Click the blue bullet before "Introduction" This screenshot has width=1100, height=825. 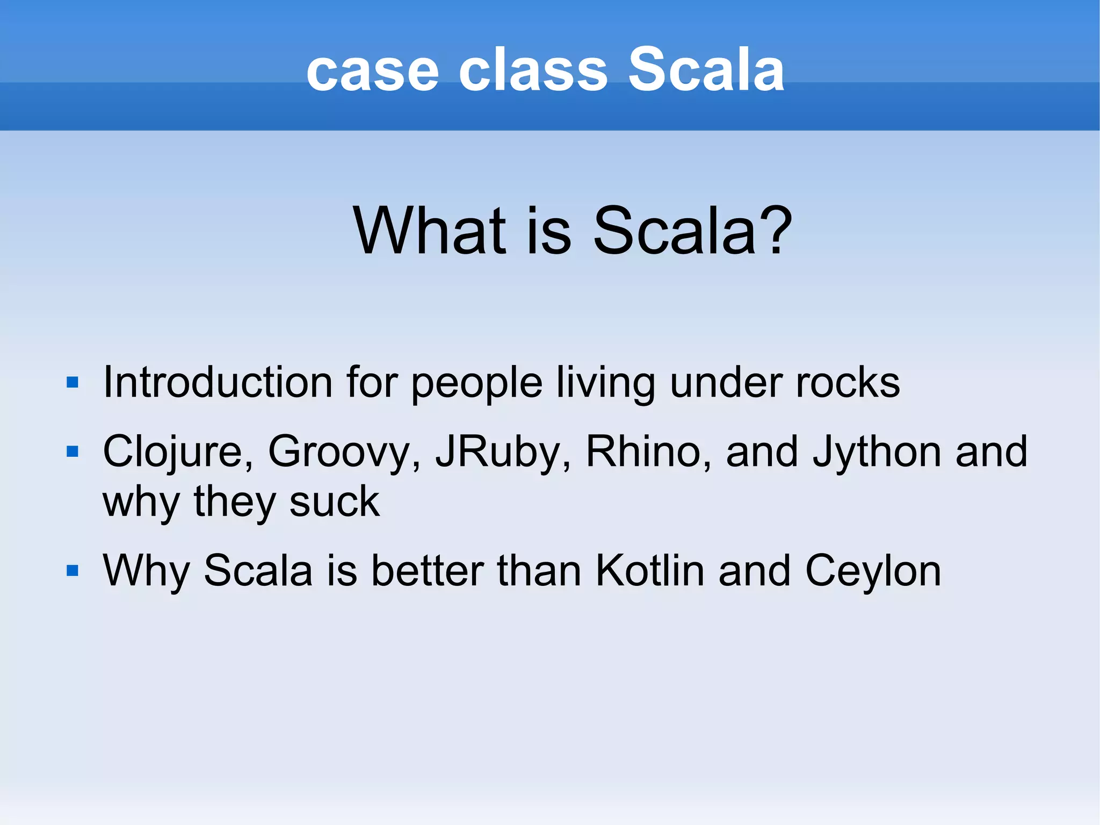(73, 383)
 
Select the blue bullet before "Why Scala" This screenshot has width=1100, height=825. (73, 570)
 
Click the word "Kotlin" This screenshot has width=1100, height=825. (649, 570)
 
